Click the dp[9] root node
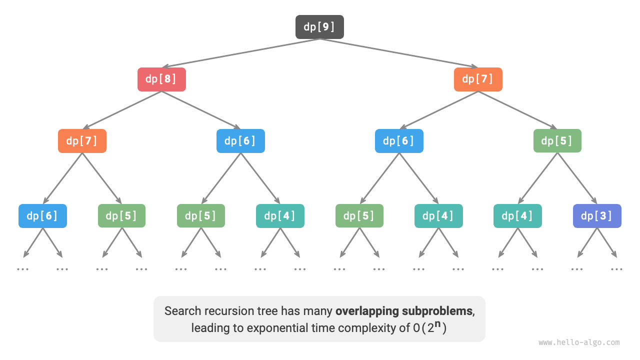(319, 27)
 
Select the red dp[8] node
(161, 79)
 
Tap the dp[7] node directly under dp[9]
(478, 79)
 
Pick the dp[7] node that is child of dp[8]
(82, 141)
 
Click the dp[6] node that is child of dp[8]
(240, 141)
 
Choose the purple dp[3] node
(597, 216)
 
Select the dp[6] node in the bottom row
(42, 216)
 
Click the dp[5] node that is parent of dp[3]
(557, 141)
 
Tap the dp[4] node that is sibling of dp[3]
(517, 216)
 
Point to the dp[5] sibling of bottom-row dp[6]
(121, 216)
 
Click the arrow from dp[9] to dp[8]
(240, 53)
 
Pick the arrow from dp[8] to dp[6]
(201, 110)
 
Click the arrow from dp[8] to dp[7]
(122, 110)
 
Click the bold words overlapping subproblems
(404, 311)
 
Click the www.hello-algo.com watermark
(579, 343)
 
